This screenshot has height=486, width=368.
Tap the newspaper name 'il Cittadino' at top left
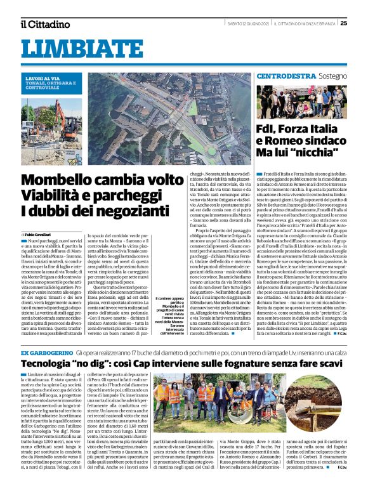coord(44,24)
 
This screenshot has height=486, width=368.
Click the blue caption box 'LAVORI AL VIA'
coord(48,82)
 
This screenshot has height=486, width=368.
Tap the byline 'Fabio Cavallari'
coord(41,235)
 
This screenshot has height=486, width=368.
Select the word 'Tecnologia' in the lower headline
coord(50,364)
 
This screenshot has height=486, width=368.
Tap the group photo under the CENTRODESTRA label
coord(301,102)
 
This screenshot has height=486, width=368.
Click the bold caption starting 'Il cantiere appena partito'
coord(170,317)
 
